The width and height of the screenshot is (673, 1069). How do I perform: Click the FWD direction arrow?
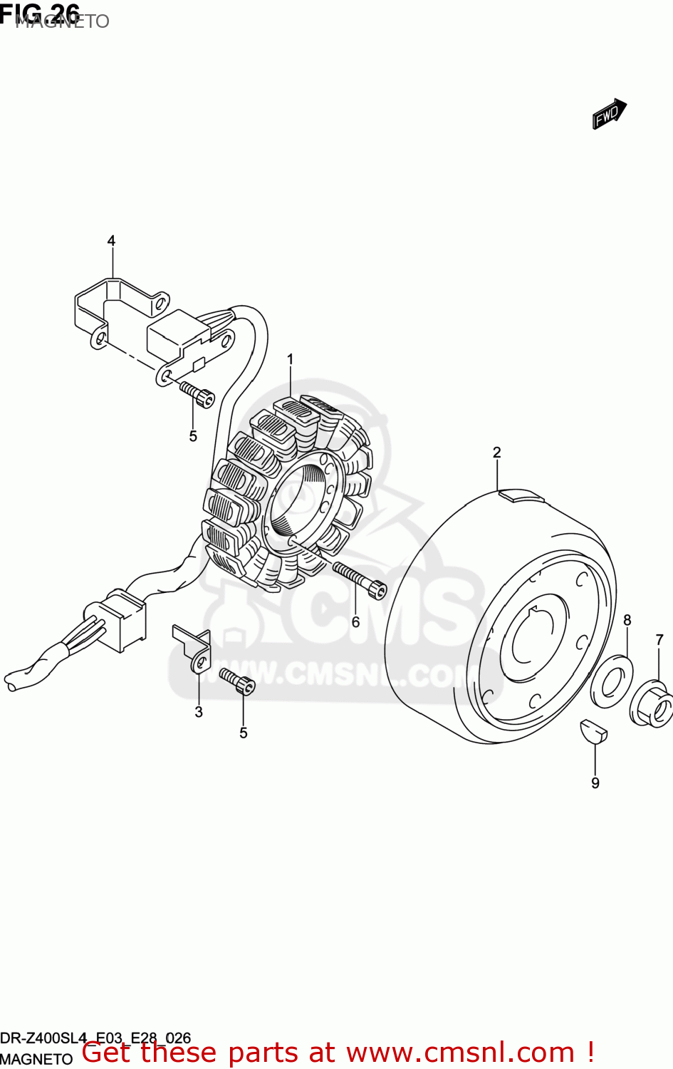pos(609,113)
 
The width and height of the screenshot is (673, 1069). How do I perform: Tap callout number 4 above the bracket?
pos(111,241)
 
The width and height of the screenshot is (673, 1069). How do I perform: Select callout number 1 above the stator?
pos(290,359)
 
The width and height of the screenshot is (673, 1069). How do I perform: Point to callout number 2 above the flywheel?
pos(496,452)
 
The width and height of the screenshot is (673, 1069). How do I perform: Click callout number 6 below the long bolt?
pos(355,622)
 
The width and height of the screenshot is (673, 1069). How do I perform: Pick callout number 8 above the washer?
pos(627,620)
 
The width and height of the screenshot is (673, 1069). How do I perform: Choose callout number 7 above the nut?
pos(659,640)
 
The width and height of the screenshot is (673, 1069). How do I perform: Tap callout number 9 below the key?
pos(595,783)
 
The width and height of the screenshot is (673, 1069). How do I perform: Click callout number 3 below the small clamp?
pos(199,711)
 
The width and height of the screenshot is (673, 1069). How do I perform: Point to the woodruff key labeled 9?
pos(593,731)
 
